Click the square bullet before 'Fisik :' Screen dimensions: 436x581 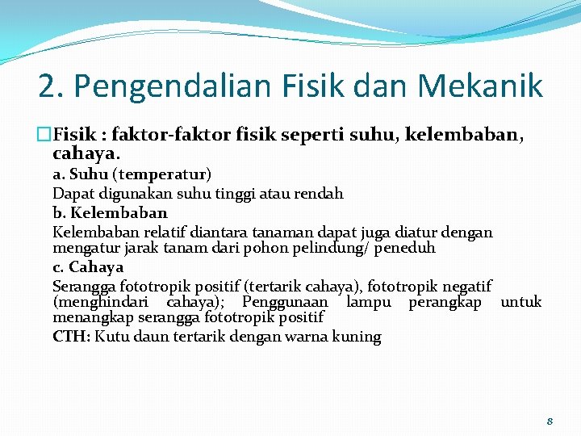coord(45,134)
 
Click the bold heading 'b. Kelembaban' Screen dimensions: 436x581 coord(110,213)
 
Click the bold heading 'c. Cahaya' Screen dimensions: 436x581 coord(88,267)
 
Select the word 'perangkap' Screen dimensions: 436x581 coord(445,302)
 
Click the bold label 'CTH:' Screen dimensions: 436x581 coord(72,337)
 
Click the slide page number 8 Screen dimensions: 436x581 coord(550,421)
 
